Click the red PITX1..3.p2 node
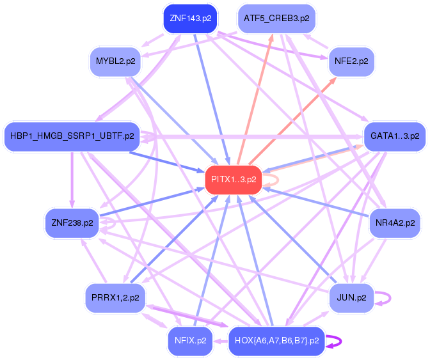point(233,180)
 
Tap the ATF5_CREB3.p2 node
point(276,19)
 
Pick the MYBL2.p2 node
point(116,61)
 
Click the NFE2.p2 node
point(351,61)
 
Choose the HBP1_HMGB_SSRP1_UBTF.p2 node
point(72,136)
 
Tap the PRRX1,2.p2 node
point(116,298)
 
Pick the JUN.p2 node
point(351,298)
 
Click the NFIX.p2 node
point(190,340)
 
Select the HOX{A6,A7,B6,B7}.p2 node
point(276,340)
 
